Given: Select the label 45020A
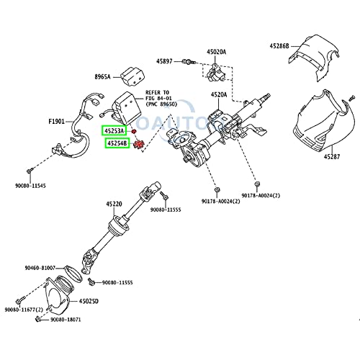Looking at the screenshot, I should (217, 52).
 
